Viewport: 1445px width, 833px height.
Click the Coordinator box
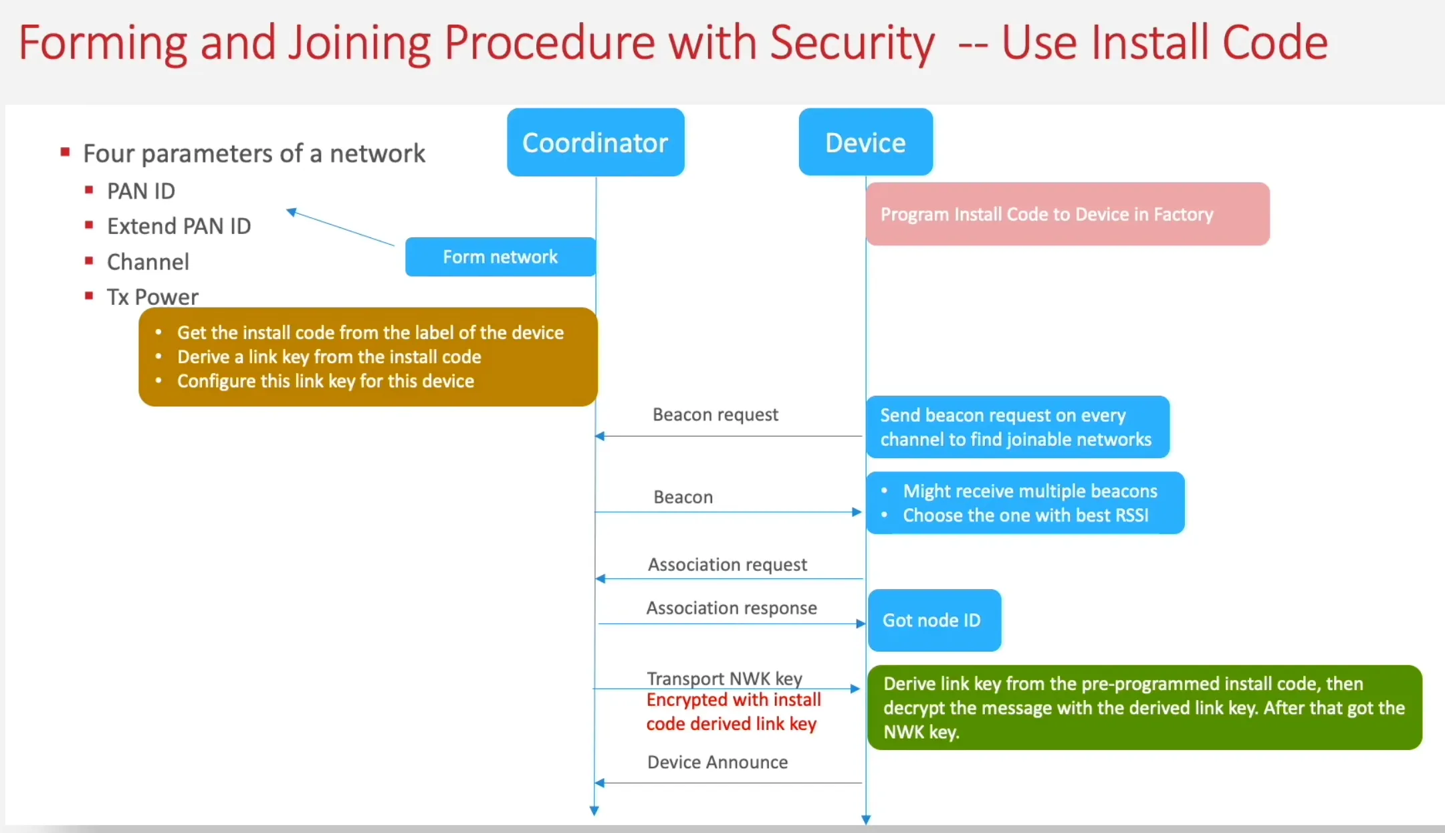coord(595,142)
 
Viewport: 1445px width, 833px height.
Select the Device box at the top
coord(865,142)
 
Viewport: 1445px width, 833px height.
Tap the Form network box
coord(499,257)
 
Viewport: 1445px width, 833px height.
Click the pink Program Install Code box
coord(1067,214)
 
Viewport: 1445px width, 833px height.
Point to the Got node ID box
coord(933,620)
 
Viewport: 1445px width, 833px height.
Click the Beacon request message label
coord(715,414)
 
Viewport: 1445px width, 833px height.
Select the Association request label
coord(727,564)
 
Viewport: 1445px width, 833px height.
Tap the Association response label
coord(731,608)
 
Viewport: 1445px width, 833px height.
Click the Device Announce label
coord(717,762)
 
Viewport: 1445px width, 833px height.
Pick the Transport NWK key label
coord(724,678)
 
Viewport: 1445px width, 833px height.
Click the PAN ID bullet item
coord(141,191)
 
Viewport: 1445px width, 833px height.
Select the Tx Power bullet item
coord(152,297)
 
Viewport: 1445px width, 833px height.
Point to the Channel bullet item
coord(148,261)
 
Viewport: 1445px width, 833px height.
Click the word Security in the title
coord(852,43)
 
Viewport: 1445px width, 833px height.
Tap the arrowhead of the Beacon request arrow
coord(600,437)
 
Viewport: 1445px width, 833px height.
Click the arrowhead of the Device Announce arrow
coord(600,783)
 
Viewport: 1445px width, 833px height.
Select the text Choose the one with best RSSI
coord(1025,515)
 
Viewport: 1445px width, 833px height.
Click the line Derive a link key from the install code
coord(329,357)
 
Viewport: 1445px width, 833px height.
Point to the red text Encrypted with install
coord(733,700)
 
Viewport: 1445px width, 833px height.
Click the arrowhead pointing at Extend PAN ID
coord(292,212)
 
